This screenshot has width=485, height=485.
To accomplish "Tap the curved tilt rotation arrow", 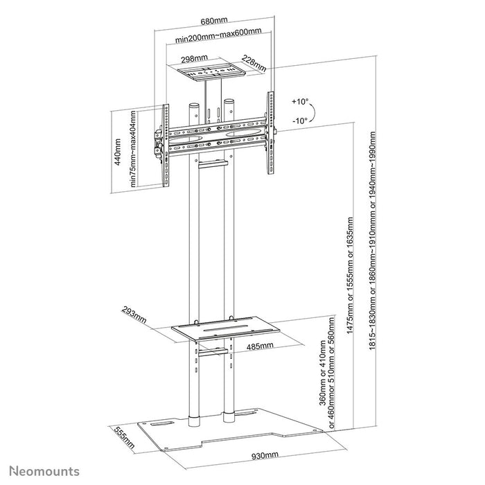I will (312, 111).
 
